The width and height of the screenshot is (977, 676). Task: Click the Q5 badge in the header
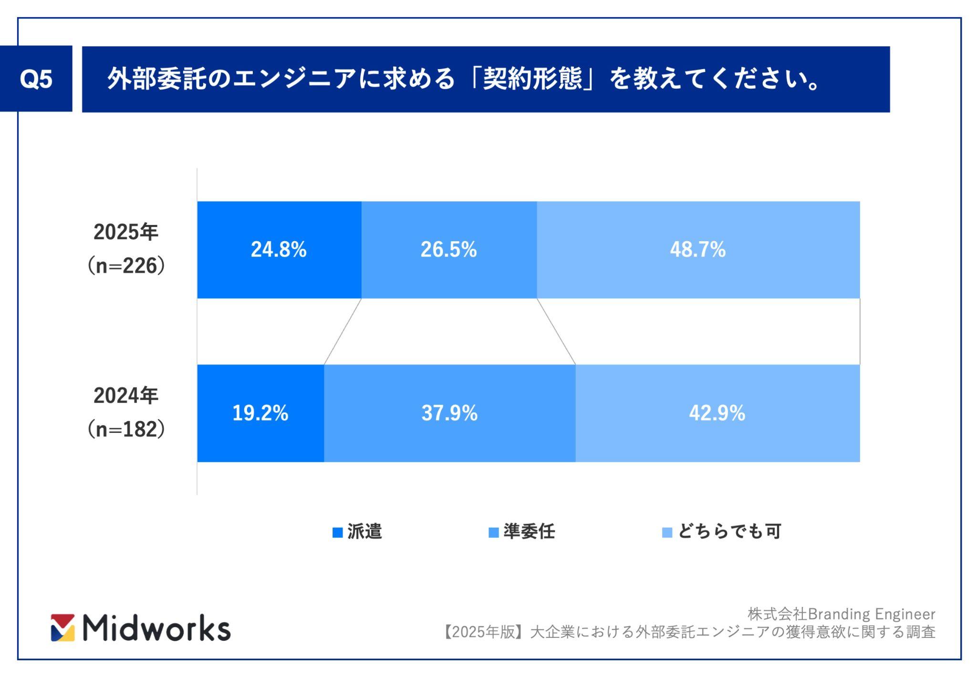pyautogui.click(x=36, y=79)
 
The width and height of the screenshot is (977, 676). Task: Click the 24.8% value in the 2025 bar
pyautogui.click(x=279, y=249)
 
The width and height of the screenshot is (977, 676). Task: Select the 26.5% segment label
pyautogui.click(x=448, y=249)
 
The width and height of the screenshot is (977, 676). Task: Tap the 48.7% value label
pyautogui.click(x=697, y=249)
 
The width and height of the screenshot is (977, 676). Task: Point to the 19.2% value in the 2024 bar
pyautogui.click(x=260, y=413)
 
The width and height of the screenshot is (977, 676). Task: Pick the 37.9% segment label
pyautogui.click(x=449, y=413)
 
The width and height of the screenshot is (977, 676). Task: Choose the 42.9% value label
pyautogui.click(x=717, y=413)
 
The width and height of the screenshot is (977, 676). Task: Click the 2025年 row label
pyautogui.click(x=126, y=232)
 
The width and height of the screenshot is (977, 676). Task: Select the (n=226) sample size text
pyautogui.click(x=126, y=266)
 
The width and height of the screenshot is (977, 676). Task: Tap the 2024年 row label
pyautogui.click(x=126, y=396)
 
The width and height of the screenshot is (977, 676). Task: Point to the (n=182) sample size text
pyautogui.click(x=126, y=429)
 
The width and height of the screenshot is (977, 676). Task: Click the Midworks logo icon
pyautogui.click(x=63, y=627)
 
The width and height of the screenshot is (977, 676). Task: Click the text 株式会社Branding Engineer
pyautogui.click(x=841, y=614)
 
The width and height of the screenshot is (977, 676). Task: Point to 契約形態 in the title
pyautogui.click(x=533, y=79)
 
